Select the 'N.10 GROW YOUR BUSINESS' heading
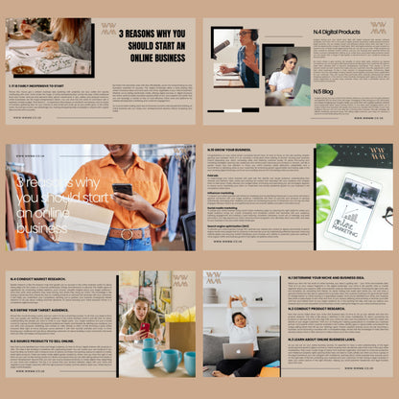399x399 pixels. pyautogui.click(x=230, y=150)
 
